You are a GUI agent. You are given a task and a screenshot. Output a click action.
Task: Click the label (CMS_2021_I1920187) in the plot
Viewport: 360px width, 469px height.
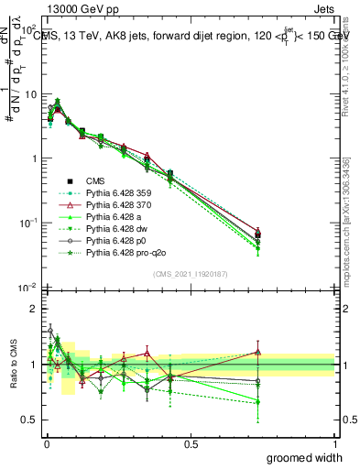click(191, 272)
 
